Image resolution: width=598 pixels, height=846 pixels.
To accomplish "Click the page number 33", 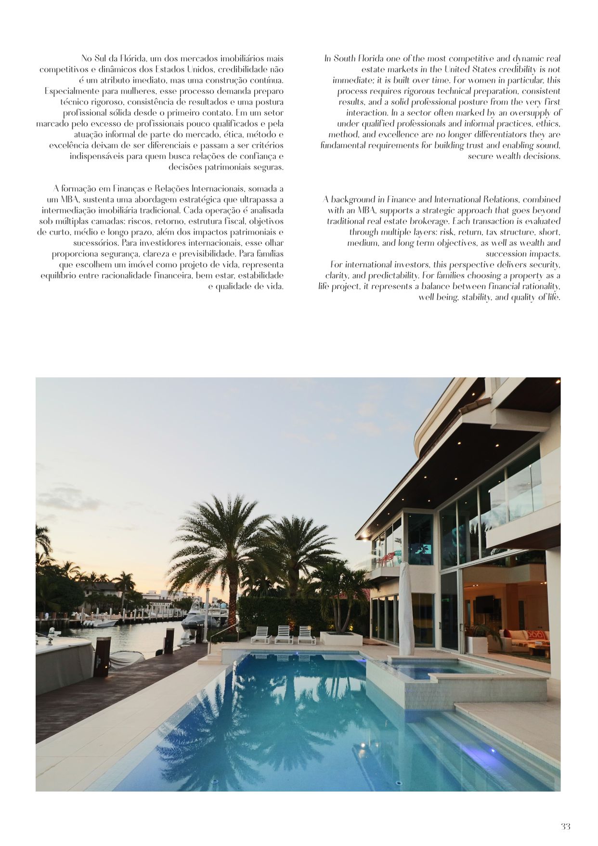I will click(x=565, y=826).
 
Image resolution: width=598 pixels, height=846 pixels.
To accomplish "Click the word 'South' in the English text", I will click(x=347, y=58).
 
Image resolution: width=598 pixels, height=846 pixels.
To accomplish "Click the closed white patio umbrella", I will click(x=405, y=609).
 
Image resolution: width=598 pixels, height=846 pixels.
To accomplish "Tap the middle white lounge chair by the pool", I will click(x=284, y=634).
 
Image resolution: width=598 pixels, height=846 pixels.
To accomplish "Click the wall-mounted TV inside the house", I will click(x=484, y=604).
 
